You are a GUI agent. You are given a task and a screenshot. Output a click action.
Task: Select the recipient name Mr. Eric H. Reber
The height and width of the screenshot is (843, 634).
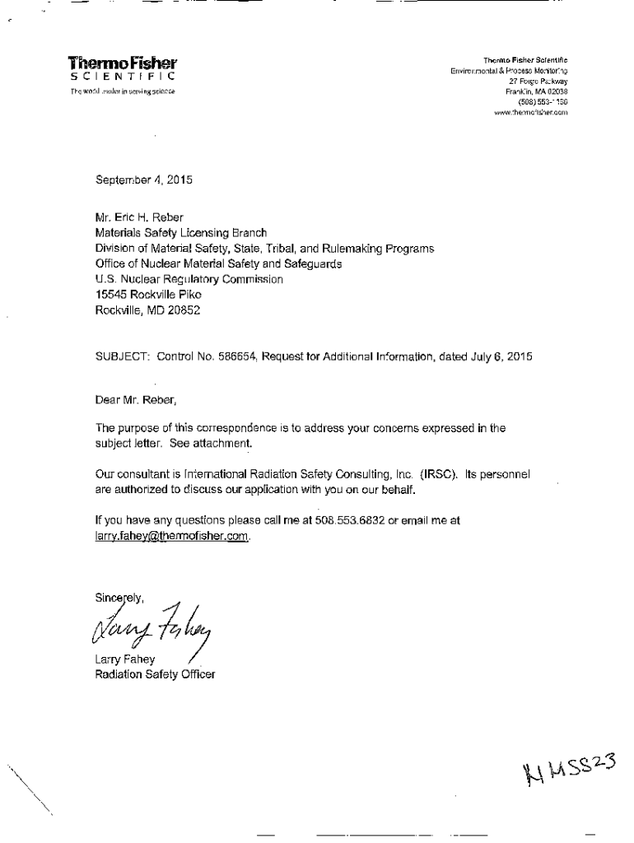coord(141,218)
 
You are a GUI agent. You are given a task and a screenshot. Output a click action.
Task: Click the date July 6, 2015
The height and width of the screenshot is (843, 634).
coord(502,357)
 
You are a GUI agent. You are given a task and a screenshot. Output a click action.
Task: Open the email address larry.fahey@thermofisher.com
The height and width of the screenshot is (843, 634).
coord(172,535)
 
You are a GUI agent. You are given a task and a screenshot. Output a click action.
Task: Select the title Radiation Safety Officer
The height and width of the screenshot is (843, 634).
coord(156,675)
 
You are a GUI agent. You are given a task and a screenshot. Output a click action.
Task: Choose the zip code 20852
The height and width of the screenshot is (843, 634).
coord(182,310)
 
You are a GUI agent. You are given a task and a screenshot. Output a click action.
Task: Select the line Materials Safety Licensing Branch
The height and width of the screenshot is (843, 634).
coord(182,233)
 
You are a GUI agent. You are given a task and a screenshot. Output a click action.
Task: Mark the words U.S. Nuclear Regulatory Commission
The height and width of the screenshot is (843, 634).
coord(189,279)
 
